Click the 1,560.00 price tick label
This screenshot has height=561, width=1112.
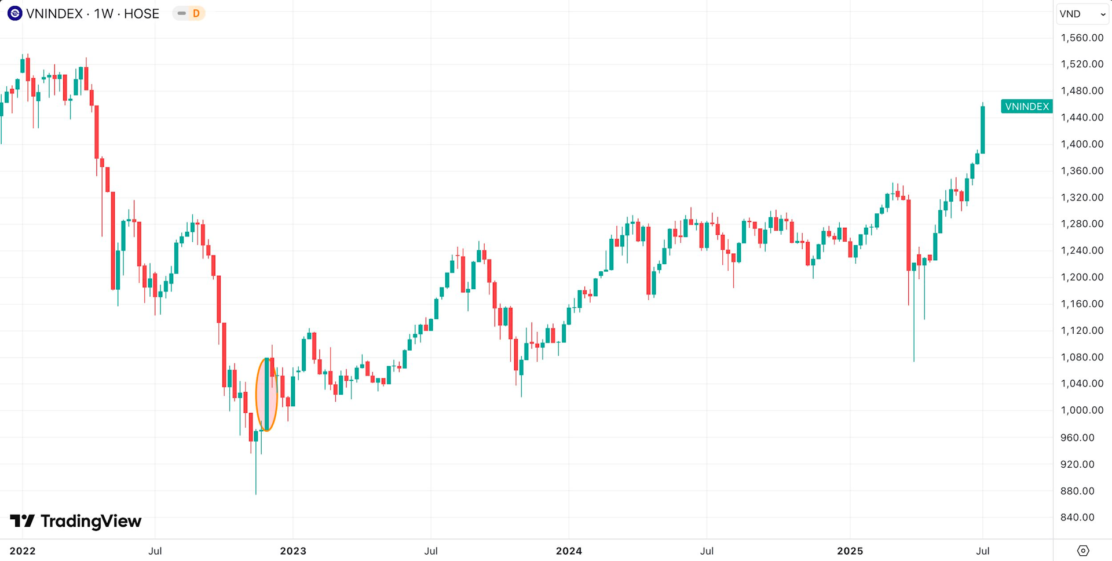pos(1081,38)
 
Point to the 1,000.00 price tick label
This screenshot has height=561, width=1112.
pos(1081,410)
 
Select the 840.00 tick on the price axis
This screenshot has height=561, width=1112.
pos(1077,518)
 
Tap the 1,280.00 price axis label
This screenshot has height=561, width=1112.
pos(1081,224)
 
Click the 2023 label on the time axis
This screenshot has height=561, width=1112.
pos(293,551)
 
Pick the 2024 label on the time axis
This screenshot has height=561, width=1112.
pos(569,551)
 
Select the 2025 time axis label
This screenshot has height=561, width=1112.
pos(850,551)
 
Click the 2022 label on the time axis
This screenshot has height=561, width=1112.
pos(23,551)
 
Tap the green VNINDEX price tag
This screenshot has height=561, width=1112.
pos(1026,107)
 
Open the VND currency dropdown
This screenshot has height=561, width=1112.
pos(1082,14)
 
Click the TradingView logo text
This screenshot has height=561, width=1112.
pos(76,521)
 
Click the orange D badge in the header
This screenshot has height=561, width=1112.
pos(196,13)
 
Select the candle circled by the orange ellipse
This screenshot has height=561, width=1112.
pos(266,394)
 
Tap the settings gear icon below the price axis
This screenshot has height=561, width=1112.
pos(1083,551)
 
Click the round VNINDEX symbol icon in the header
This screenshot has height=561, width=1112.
pos(15,13)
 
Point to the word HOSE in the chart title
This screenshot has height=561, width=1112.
pos(141,14)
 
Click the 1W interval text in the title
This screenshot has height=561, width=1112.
pos(104,14)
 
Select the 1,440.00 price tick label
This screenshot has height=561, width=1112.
pos(1081,118)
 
